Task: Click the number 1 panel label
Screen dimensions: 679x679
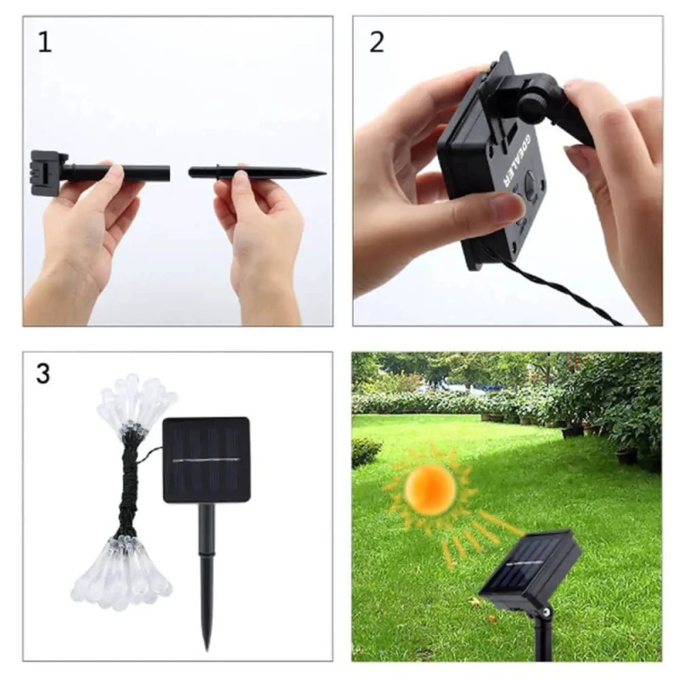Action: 45,42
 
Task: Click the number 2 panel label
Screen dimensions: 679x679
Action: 377,42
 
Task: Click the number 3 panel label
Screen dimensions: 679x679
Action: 43,373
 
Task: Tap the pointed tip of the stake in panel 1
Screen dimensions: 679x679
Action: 326,174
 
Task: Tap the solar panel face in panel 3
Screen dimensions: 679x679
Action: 206,459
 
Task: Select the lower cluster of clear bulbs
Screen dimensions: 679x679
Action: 121,572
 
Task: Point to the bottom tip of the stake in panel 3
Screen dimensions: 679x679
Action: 207,649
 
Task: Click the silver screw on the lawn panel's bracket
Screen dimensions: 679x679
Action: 547,611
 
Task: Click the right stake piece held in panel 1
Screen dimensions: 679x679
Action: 257,172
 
